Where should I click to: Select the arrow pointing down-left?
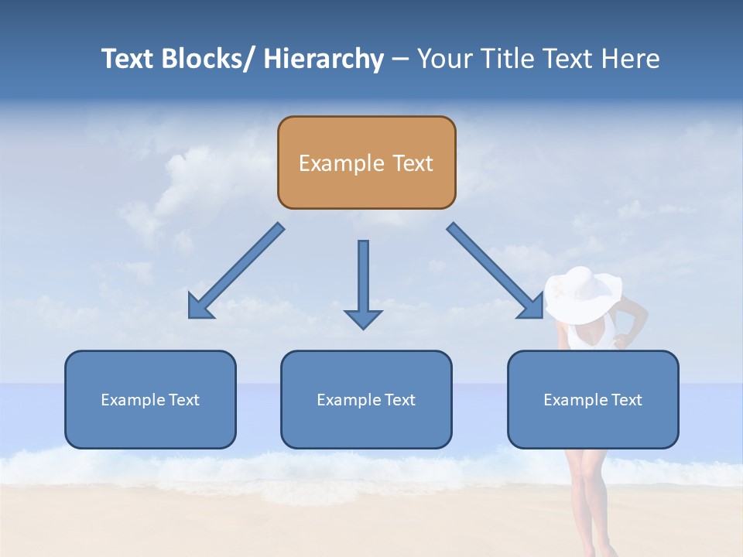(x=236, y=271)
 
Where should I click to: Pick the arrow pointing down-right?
(x=495, y=271)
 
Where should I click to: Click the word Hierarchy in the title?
(x=324, y=59)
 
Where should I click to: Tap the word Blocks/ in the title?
(x=204, y=59)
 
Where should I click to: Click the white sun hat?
(x=582, y=294)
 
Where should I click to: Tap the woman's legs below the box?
(x=586, y=495)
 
